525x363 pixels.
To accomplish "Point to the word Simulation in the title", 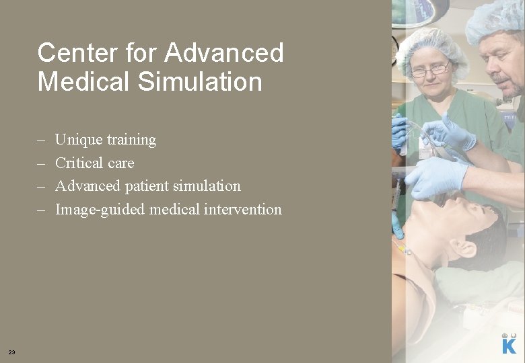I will (x=204, y=82).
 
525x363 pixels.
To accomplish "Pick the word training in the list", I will (x=131, y=140).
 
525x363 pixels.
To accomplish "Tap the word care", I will (x=121, y=163).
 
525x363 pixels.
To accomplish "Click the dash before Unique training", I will (x=41, y=140).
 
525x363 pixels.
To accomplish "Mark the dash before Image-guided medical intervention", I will (x=41, y=210).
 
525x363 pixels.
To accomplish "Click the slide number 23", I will (x=12, y=352).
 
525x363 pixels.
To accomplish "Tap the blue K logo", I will (x=510, y=345).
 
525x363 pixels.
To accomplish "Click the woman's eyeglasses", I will (x=431, y=69).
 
